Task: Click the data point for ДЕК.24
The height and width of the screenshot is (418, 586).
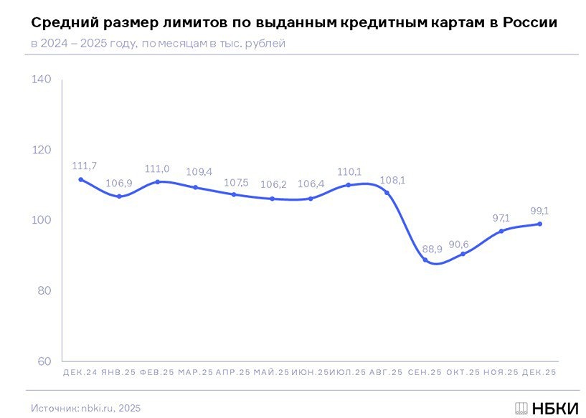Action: point(80,180)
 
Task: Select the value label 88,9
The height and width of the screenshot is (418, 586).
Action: point(433,249)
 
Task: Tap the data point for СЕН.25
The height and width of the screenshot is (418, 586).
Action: point(425,260)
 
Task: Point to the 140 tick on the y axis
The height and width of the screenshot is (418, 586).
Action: point(42,79)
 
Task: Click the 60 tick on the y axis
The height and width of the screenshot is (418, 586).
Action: point(44,361)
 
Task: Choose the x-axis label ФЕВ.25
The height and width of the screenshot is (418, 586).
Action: point(157,373)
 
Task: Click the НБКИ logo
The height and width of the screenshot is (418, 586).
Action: point(547,408)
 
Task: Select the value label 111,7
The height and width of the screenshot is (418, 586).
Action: point(85,166)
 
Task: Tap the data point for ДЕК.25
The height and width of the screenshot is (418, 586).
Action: point(540,224)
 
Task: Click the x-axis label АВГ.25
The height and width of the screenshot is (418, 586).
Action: point(387,373)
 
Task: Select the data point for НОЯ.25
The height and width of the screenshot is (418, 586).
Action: point(501,231)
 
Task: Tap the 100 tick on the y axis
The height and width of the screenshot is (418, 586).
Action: point(42,220)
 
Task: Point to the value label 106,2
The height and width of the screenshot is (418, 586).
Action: point(273,185)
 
